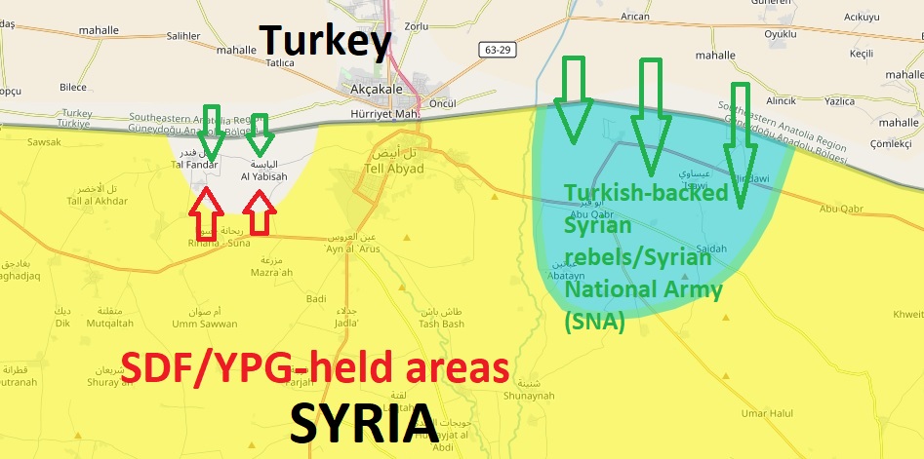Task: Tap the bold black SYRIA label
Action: (x=363, y=423)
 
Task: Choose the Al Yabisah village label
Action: (x=264, y=176)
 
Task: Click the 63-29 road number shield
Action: (x=500, y=48)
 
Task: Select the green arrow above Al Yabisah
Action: (x=259, y=134)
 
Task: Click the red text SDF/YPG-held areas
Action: (x=315, y=369)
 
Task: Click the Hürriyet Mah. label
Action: (x=384, y=113)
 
